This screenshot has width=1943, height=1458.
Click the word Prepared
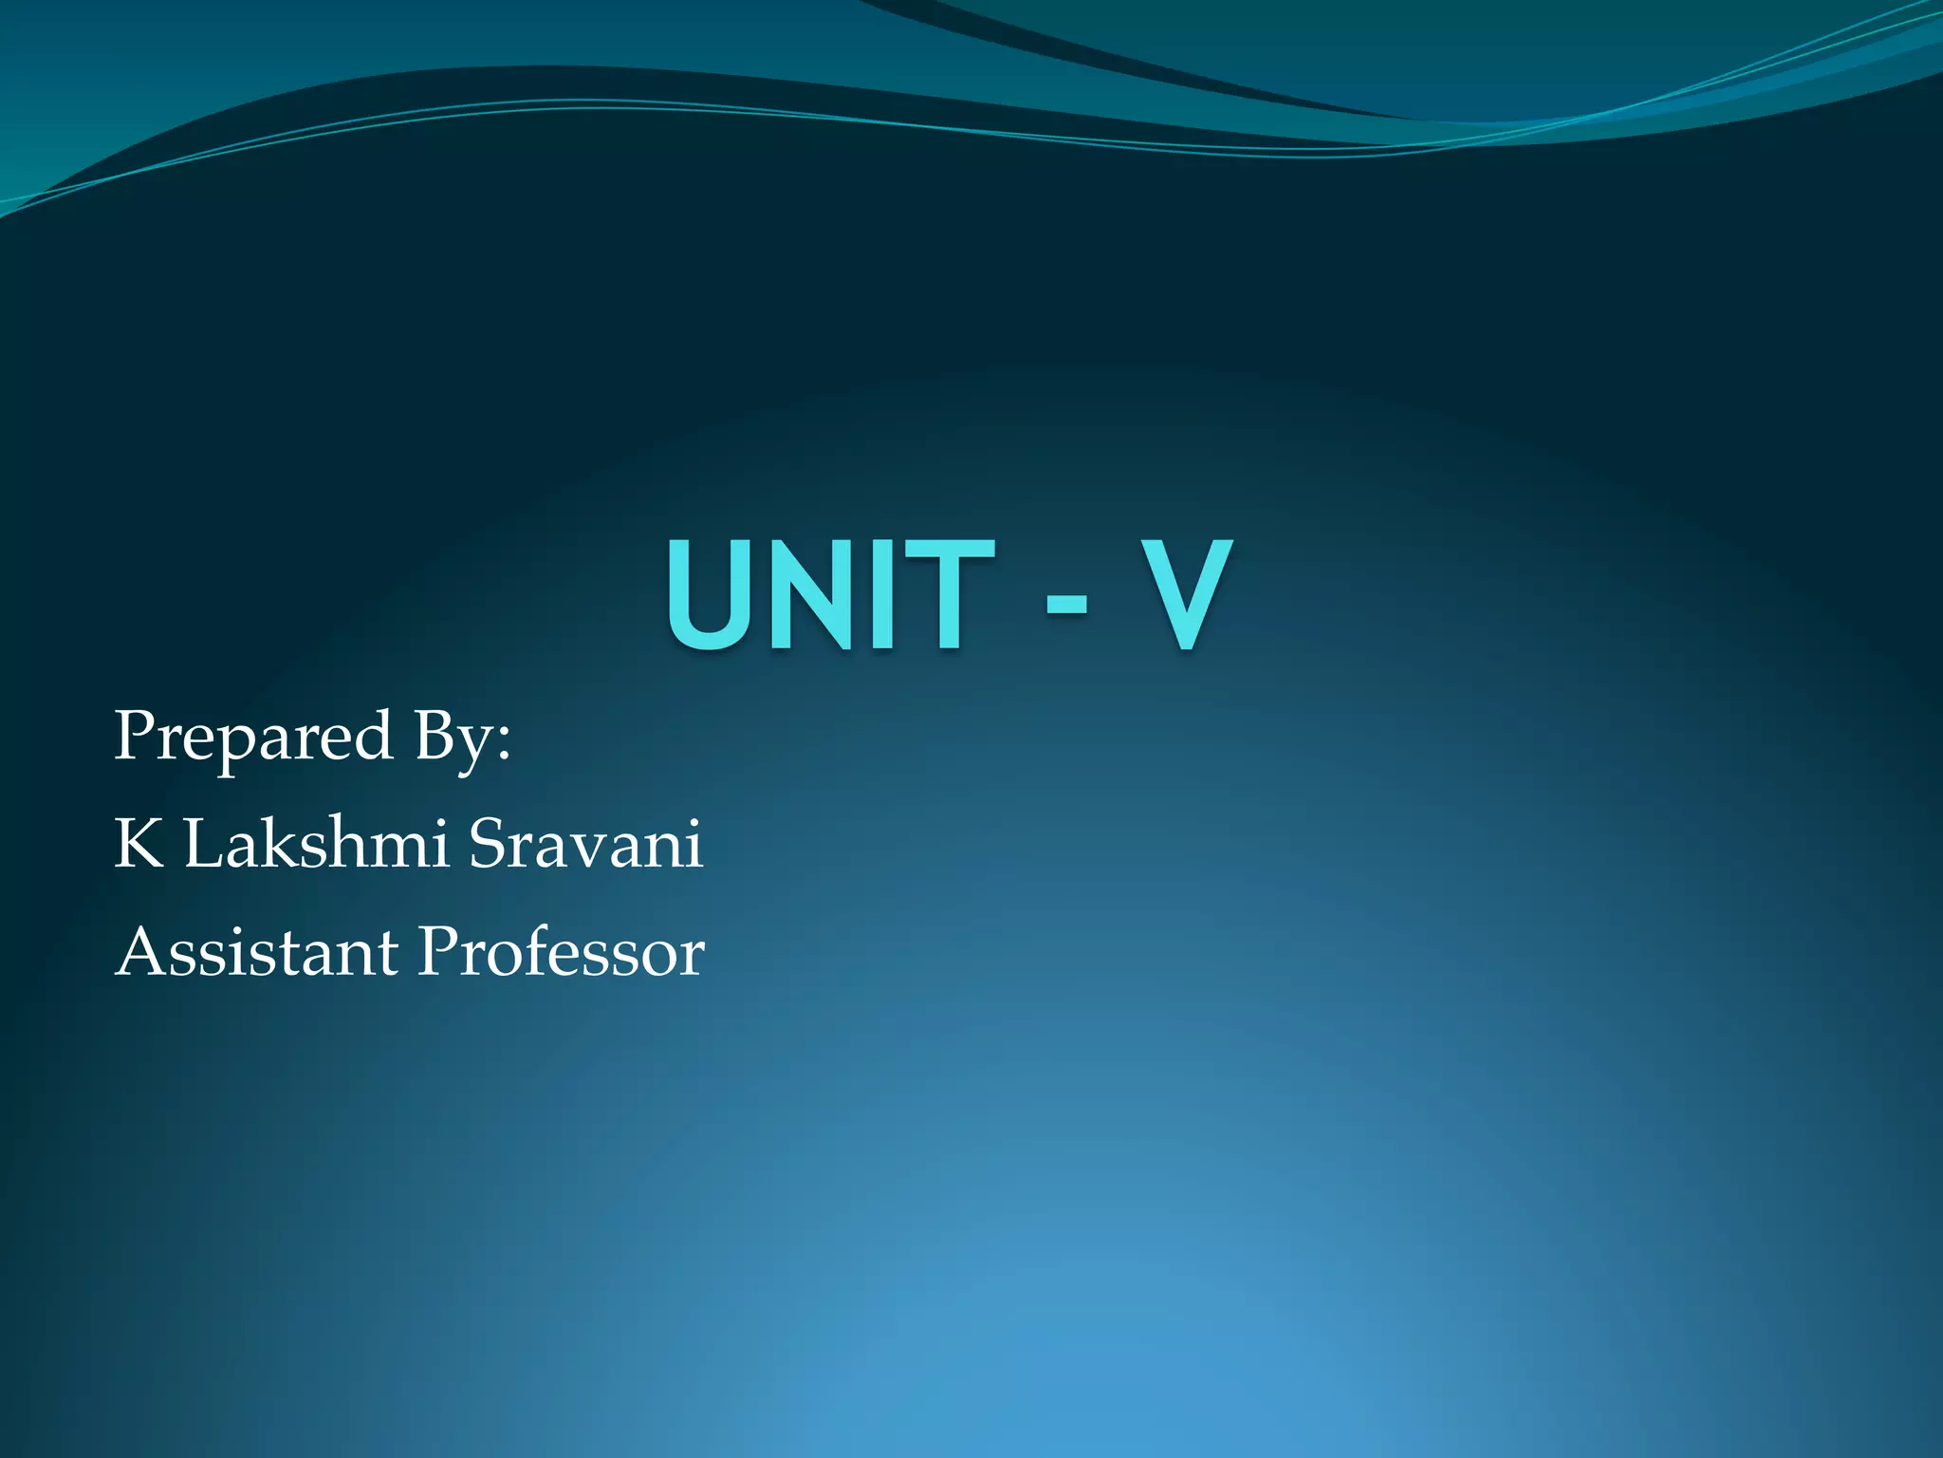click(253, 738)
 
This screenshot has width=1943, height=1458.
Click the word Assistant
click(257, 951)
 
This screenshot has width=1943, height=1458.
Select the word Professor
click(562, 951)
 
